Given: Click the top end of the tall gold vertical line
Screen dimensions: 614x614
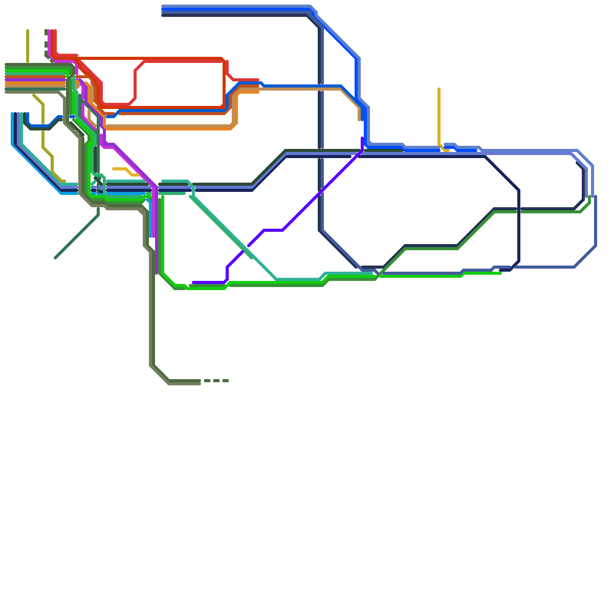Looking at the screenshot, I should pos(439,89).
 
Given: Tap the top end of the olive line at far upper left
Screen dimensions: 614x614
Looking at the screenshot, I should pos(28,30).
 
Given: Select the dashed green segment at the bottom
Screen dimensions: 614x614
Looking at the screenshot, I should pos(216,381).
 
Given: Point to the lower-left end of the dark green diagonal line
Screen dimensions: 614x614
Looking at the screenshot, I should pos(56,258).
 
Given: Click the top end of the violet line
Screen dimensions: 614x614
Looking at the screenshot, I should pos(362,138).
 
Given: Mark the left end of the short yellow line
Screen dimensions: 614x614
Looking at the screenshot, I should pos(114,169).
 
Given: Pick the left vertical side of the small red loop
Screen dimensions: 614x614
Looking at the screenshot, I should pos(135,84).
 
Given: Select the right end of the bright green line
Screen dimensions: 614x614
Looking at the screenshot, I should pos(500,273).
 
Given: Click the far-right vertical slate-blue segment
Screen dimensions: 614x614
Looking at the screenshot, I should pos(596,221).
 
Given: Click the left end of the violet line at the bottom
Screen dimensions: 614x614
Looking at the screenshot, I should pos(193,282).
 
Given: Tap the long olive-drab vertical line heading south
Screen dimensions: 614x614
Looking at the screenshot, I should pos(152,307).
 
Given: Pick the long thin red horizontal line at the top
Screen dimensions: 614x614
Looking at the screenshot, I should pos(150,58).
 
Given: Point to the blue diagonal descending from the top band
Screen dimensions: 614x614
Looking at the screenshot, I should pos(338,38).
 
